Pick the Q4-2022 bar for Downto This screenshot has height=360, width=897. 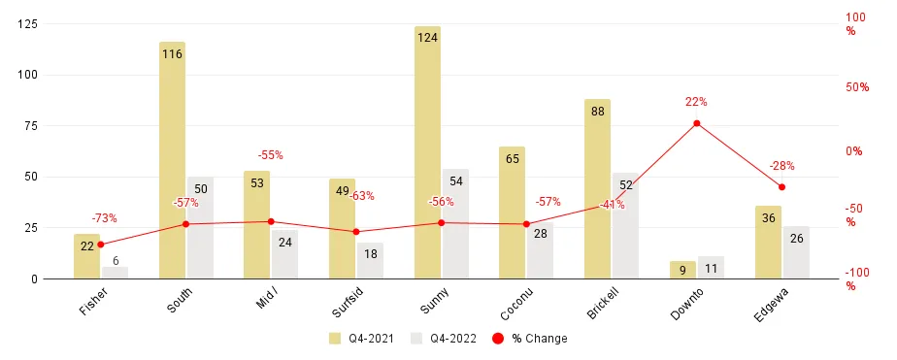[x=711, y=268]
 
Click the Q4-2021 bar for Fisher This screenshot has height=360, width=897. [x=86, y=256]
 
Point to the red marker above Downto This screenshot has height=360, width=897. [x=696, y=123]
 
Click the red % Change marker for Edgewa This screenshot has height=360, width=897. [x=781, y=186]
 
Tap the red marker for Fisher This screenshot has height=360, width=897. [x=100, y=244]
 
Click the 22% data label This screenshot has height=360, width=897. [x=696, y=102]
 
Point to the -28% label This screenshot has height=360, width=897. [x=781, y=166]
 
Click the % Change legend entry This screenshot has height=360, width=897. [x=531, y=339]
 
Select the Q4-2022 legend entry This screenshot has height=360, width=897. [x=446, y=339]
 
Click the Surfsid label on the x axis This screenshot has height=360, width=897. [x=346, y=299]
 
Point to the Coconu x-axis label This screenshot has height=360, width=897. [x=515, y=299]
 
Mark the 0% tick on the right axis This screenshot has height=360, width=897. [x=853, y=150]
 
